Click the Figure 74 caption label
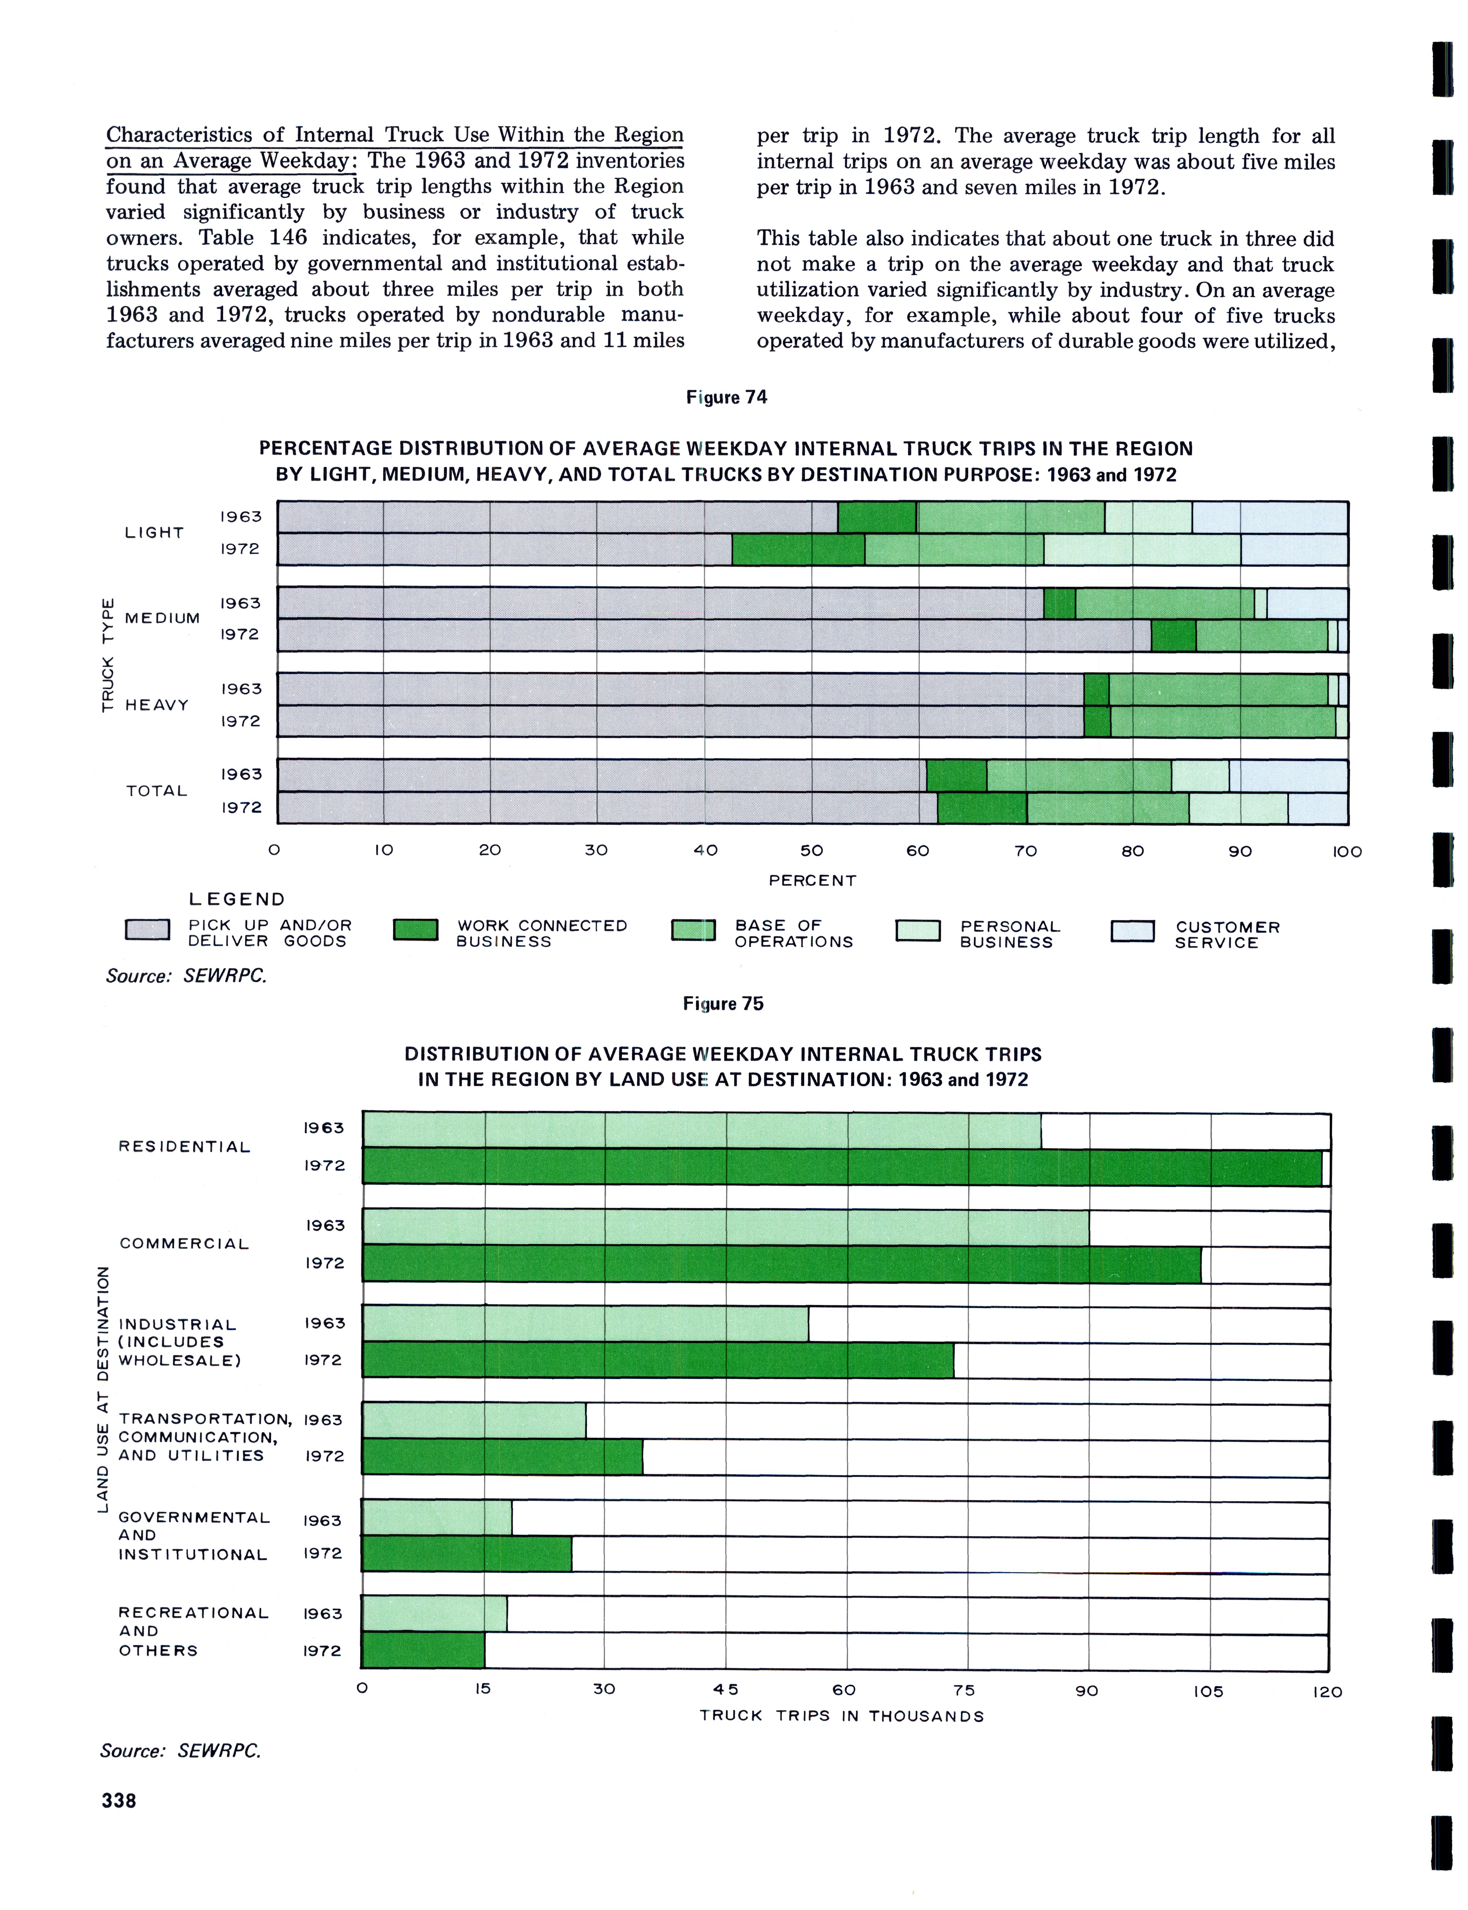[726, 397]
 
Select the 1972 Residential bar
[842, 1167]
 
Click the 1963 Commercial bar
[725, 1227]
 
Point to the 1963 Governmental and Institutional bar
[437, 1518]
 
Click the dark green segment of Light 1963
[876, 517]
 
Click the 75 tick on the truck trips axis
[964, 1690]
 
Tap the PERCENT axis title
[812, 880]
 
